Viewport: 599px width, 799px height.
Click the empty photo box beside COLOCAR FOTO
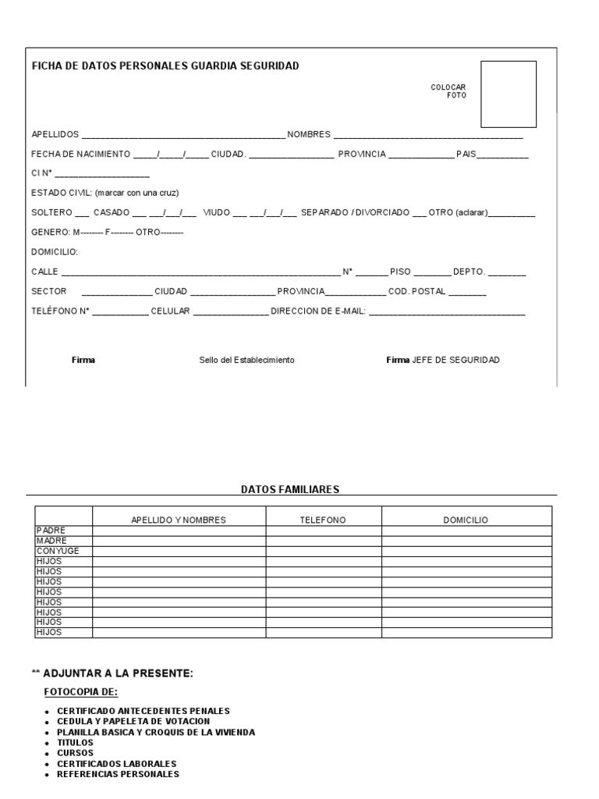508,94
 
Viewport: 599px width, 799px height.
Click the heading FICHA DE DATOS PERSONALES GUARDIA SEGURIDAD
165,66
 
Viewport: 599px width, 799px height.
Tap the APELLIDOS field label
55,134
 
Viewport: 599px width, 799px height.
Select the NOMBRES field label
309,134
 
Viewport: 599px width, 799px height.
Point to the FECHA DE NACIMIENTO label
81,154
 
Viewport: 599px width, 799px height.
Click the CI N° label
41,173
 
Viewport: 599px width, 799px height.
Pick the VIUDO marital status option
216,212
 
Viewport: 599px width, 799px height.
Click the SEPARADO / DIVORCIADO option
355,212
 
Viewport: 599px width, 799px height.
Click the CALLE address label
44,272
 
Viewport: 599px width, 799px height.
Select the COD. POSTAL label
417,292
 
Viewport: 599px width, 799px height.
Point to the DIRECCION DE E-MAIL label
318,312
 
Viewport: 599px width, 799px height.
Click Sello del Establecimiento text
246,360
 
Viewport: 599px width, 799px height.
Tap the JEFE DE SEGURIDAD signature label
455,360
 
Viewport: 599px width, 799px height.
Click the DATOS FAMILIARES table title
290,489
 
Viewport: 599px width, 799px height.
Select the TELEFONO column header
323,520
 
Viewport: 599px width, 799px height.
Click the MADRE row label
51,541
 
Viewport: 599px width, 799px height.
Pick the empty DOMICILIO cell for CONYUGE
466,551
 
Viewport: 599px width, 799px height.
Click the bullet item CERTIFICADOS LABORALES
117,763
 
